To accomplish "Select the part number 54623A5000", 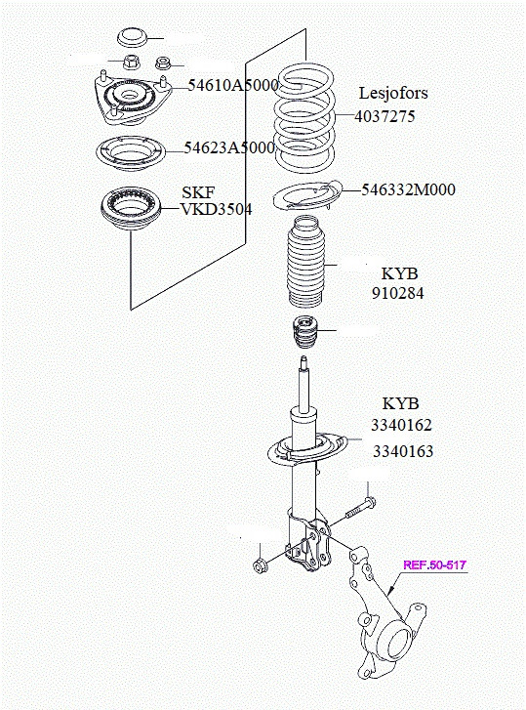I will pyautogui.click(x=229, y=148).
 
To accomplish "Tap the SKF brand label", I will pyautogui.click(x=198, y=191).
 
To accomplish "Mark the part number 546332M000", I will pyautogui.click(x=409, y=189).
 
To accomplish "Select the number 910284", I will pyautogui.click(x=397, y=293).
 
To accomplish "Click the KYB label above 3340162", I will pyautogui.click(x=400, y=403).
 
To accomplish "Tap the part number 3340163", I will pyautogui.click(x=401, y=452).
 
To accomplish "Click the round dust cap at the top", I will pyautogui.click(x=132, y=39).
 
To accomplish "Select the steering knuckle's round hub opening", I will pyautogui.click(x=396, y=644).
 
